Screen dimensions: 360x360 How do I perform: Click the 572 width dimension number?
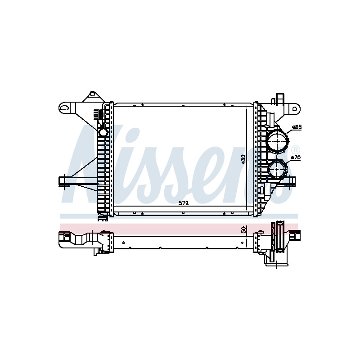click(x=184, y=203)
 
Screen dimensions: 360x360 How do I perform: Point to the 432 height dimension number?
click(x=243, y=159)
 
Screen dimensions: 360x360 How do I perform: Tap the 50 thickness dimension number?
click(x=244, y=229)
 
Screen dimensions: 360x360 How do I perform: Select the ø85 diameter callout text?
click(x=297, y=127)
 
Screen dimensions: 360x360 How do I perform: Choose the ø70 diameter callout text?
click(x=296, y=157)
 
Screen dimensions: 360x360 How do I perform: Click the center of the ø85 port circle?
click(x=278, y=141)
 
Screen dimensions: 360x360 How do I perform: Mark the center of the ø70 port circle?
click(x=278, y=170)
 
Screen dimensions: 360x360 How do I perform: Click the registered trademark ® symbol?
click(x=296, y=150)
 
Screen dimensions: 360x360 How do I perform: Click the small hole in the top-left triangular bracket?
click(x=92, y=94)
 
